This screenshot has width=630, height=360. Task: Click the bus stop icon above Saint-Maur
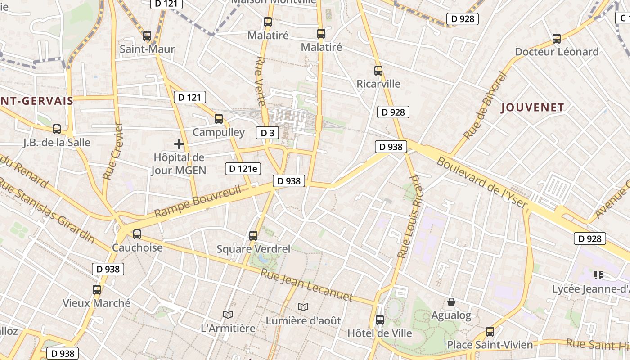147,36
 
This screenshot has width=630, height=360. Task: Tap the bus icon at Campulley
219,119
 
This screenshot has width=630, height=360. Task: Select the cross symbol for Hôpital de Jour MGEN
179,144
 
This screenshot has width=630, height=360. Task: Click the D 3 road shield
267,133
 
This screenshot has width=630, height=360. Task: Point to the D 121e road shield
243,169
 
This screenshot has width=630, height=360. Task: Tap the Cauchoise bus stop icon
137,234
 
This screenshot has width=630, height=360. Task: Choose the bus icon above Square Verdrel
253,235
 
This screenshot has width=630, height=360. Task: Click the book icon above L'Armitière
228,315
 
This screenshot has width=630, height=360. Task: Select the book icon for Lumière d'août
303,307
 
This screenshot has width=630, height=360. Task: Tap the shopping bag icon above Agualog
451,302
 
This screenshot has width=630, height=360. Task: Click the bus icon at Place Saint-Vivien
490,332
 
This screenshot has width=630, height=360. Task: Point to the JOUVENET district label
532,108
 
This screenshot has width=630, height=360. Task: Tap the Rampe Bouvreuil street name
198,201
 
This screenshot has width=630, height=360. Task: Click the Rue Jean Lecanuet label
306,285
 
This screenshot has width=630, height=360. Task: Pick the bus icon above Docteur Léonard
557,39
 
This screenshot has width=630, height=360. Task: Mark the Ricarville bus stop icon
378,71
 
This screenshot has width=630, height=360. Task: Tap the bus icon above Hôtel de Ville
380,320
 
